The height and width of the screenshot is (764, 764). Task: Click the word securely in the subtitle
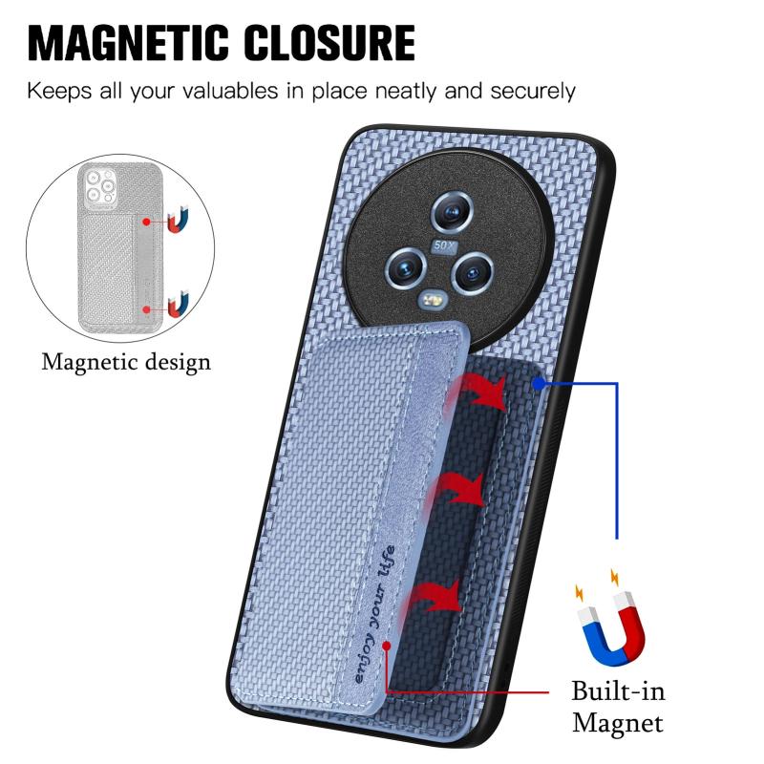click(x=533, y=92)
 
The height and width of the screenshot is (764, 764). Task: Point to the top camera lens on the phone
click(x=452, y=212)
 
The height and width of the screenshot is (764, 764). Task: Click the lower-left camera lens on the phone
click(x=406, y=268)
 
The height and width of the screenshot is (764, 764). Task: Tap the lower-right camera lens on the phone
click(x=472, y=272)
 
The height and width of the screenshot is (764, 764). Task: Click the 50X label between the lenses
click(x=443, y=246)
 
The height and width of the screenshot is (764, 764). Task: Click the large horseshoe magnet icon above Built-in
click(x=611, y=624)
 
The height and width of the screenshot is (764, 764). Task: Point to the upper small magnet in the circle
click(x=178, y=221)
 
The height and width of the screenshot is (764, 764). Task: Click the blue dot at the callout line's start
click(x=538, y=385)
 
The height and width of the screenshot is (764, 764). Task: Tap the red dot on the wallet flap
click(x=387, y=647)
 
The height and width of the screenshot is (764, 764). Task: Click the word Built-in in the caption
click(x=618, y=690)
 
